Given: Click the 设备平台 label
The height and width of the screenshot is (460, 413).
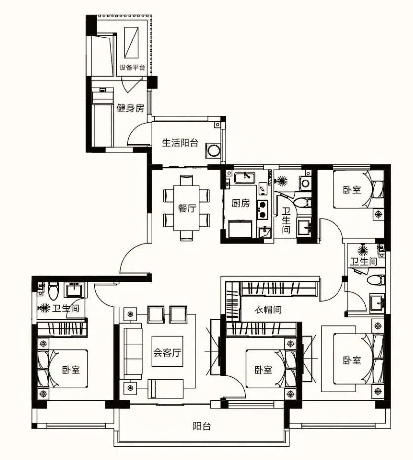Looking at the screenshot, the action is (132, 67).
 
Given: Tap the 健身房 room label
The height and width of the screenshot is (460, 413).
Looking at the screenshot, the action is (131, 108).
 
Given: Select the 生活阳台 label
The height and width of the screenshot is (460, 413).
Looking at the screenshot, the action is (180, 143).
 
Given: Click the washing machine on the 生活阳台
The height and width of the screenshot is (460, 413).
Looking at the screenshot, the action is (213, 151).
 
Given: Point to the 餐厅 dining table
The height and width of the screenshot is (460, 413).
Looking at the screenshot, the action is (187, 208).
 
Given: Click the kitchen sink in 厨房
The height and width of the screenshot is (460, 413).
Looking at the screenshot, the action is (244, 178).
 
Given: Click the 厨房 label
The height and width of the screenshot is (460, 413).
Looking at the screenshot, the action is (240, 203).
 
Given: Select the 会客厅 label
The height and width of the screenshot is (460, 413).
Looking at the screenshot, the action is (167, 352).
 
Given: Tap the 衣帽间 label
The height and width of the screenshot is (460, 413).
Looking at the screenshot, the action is (267, 309).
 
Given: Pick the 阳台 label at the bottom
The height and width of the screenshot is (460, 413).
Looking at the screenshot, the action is (202, 426).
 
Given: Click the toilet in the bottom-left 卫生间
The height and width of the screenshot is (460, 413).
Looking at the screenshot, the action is (53, 290).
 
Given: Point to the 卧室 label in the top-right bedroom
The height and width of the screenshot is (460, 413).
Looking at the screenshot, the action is (352, 190).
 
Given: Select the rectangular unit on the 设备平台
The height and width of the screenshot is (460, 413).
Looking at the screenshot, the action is (131, 43).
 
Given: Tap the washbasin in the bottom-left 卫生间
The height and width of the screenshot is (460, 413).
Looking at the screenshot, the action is (75, 290).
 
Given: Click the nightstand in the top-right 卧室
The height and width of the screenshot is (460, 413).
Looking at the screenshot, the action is (378, 214).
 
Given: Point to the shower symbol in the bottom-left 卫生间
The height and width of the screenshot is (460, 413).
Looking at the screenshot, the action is (45, 308).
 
